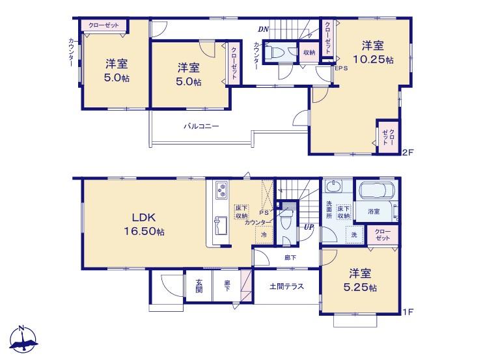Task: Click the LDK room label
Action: tap(144, 217)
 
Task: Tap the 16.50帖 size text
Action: tap(144, 231)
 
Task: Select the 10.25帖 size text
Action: tap(373, 59)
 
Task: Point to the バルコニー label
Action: tap(201, 126)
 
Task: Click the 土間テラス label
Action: tap(287, 286)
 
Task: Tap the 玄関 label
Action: tap(199, 286)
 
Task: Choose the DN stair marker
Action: tap(264, 29)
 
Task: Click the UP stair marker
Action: tap(309, 227)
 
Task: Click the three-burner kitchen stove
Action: tap(222, 189)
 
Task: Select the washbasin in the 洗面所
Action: tap(333, 186)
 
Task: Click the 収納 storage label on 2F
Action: tap(309, 52)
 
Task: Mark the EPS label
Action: tap(341, 68)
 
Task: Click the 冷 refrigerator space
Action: tap(264, 234)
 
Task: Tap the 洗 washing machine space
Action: tap(354, 234)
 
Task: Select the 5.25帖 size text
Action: tap(360, 287)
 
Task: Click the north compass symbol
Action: tap(23, 339)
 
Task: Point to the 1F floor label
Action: tap(408, 312)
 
